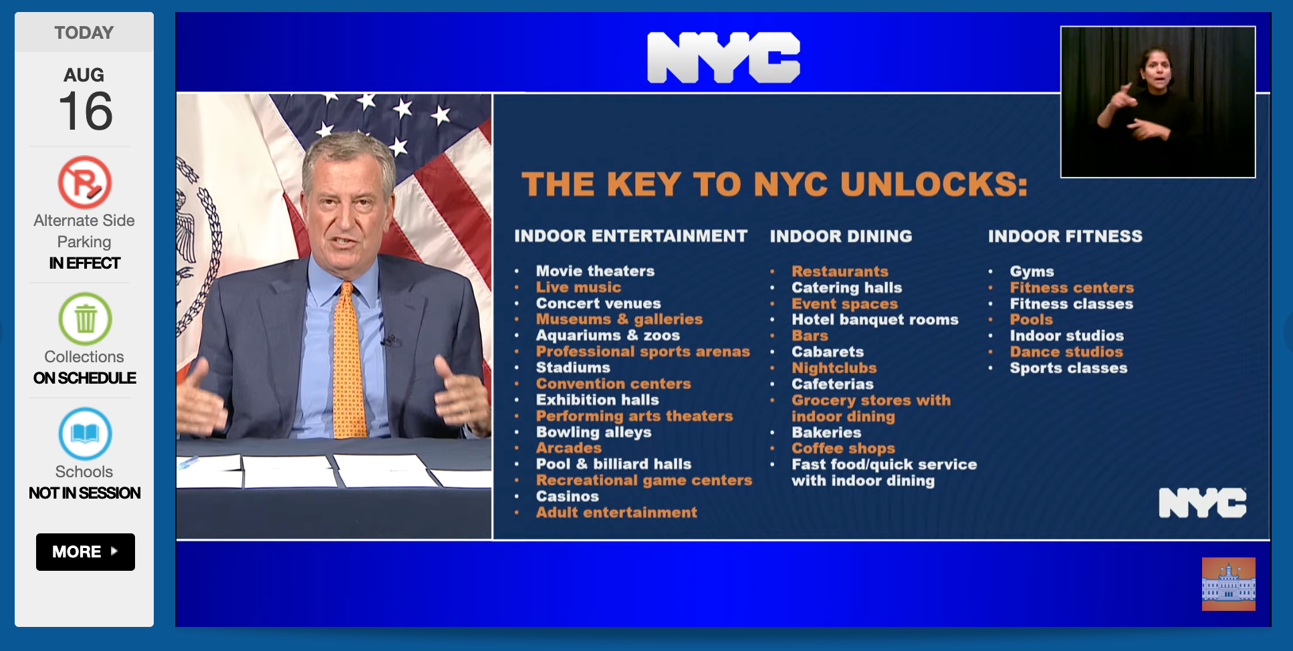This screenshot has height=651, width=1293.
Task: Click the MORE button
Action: coord(86,552)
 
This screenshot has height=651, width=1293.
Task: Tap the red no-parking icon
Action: coord(85,182)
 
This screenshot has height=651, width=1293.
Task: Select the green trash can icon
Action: coord(85,319)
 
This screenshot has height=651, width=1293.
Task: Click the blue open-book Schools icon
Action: coord(85,434)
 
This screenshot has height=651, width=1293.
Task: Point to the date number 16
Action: coord(86,111)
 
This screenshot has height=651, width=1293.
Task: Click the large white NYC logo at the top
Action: coord(723,57)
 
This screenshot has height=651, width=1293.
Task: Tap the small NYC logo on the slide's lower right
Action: coord(1203,503)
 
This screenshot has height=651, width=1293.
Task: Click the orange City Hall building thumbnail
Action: coord(1229,584)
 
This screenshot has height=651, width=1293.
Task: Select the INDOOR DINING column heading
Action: coord(841,236)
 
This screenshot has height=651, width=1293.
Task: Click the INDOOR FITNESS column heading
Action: coord(1066,236)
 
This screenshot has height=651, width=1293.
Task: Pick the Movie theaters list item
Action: coord(595,271)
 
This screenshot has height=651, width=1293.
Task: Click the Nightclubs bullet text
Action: coord(834,368)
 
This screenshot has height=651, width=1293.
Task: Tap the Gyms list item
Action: coord(1032,271)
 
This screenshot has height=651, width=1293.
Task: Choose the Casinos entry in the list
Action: coord(567,496)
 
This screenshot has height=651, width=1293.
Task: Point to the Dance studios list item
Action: coord(1066,352)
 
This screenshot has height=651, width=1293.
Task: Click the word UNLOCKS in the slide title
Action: coord(934,184)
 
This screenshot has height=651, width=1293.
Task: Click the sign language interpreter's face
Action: coord(1157,68)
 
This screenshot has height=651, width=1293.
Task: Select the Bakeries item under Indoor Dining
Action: coord(826,432)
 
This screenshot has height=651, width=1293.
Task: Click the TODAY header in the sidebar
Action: coord(84,33)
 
